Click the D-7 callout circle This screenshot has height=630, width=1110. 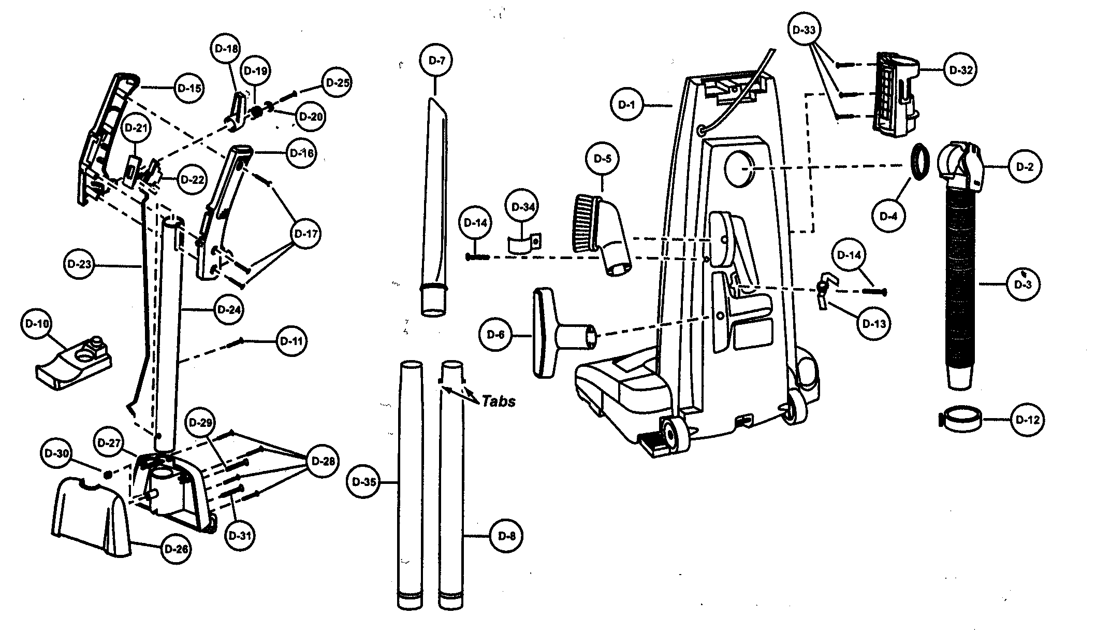436,61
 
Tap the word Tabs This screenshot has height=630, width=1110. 499,401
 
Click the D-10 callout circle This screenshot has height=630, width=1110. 36,324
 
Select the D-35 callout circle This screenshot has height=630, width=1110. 363,482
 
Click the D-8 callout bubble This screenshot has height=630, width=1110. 506,536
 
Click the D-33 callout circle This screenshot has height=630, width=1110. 804,30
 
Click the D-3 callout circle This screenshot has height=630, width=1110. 1023,284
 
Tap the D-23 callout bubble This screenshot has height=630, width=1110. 79,264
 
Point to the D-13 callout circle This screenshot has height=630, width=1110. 874,324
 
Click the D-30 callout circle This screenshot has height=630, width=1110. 56,453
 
